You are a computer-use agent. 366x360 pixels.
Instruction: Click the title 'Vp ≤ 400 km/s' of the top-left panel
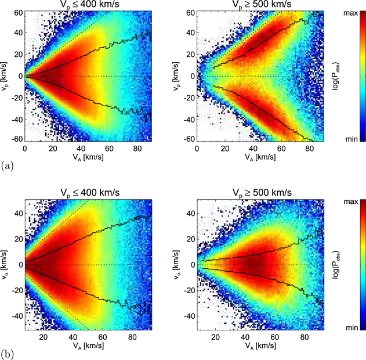pyautogui.click(x=88, y=6)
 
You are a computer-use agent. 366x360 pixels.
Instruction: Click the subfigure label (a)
pyautogui.click(x=8, y=165)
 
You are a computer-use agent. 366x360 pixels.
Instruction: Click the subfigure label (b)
pyautogui.click(x=8, y=351)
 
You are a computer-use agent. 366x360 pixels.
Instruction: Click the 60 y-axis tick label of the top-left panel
pyautogui.click(x=18, y=13)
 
